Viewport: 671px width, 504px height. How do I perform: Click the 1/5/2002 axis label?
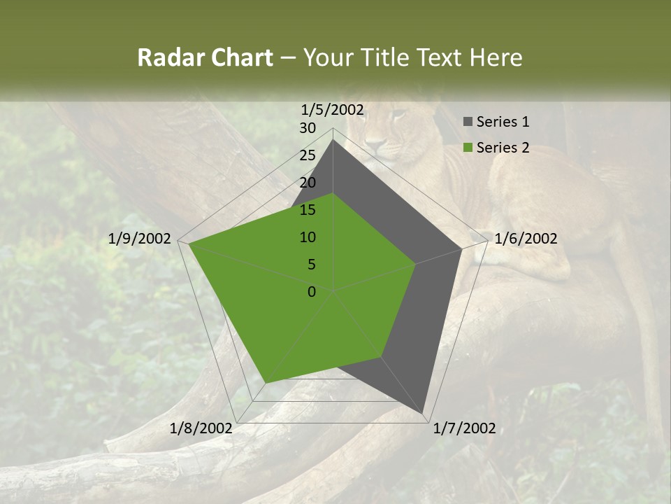click(x=333, y=109)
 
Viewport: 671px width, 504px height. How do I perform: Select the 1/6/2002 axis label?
click(x=526, y=239)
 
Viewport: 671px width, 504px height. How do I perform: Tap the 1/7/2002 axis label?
click(x=465, y=428)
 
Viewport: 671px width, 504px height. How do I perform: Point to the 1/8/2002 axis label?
click(x=201, y=428)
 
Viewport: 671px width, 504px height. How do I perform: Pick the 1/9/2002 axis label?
click(x=140, y=239)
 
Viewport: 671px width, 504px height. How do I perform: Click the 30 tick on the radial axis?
click(x=308, y=128)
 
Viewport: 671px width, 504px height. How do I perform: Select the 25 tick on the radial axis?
click(x=308, y=155)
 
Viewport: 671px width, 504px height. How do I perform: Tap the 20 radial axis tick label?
click(x=308, y=183)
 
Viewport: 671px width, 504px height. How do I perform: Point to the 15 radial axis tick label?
click(x=308, y=210)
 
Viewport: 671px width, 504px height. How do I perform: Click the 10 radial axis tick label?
click(x=308, y=237)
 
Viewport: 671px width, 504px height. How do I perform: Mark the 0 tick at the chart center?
click(x=312, y=292)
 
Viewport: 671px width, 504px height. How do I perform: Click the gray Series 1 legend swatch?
click(x=468, y=122)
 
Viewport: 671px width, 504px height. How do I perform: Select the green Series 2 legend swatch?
click(x=468, y=148)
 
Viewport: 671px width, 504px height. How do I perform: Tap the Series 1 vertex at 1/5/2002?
click(x=333, y=140)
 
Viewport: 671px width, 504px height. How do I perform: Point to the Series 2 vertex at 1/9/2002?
click(x=189, y=244)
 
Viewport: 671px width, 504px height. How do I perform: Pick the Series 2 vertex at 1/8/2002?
click(x=266, y=383)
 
